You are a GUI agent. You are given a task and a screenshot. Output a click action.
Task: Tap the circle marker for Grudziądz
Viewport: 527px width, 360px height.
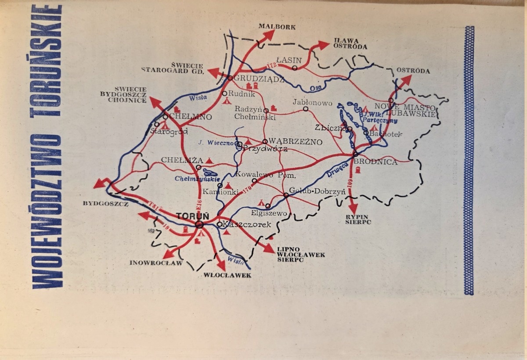pyautogui.click(x=230, y=78)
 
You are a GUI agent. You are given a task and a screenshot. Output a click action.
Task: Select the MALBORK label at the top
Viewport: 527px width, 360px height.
pyautogui.click(x=277, y=27)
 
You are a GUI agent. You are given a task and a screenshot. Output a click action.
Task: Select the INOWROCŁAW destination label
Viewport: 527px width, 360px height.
pyautogui.click(x=150, y=263)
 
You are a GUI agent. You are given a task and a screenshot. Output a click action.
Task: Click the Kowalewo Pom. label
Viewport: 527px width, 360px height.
pyautogui.click(x=267, y=174)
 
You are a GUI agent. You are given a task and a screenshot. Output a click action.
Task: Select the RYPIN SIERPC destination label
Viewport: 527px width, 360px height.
pyautogui.click(x=358, y=219)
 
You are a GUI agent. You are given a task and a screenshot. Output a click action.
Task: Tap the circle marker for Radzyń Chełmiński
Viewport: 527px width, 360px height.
pyautogui.click(x=266, y=111)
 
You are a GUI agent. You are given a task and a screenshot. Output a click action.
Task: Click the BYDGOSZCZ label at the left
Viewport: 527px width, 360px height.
pyautogui.click(x=105, y=204)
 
